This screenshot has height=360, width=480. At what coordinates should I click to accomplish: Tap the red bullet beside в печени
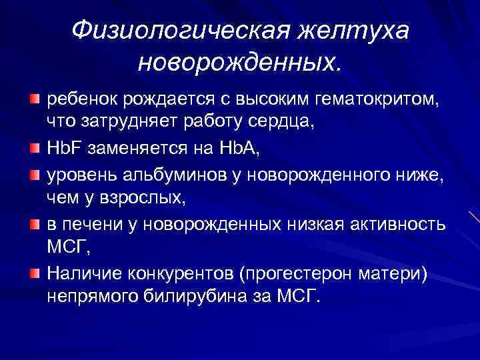[33, 224]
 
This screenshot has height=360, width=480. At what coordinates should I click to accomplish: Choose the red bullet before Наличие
[33, 272]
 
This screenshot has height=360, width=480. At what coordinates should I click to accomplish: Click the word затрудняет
[119, 122]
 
